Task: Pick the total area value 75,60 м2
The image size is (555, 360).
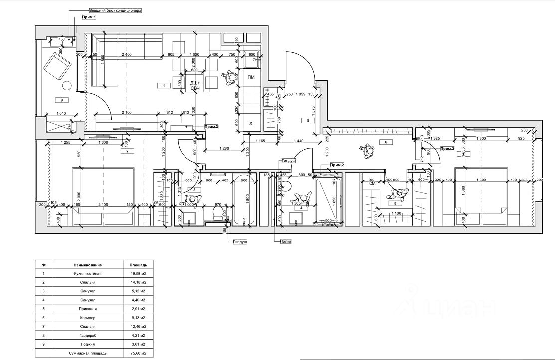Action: (138, 353)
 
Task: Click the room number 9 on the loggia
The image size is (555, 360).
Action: (62, 100)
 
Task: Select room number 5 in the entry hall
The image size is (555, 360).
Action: (308, 120)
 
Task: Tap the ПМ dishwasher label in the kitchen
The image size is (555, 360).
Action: (251, 77)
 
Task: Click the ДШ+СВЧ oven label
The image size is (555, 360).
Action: (195, 86)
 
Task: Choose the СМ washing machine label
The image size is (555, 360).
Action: (371, 183)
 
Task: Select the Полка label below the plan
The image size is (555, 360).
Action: (285, 241)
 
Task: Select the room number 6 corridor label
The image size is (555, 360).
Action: (385, 142)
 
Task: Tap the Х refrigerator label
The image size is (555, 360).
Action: (251, 123)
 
